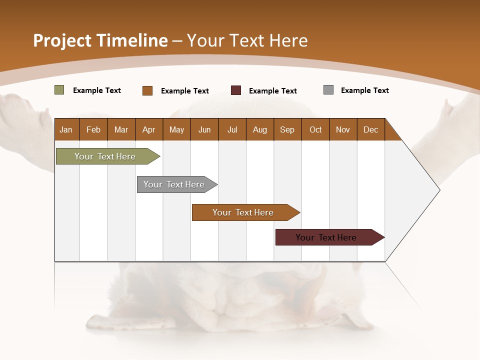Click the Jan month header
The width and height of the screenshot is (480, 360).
(66, 129)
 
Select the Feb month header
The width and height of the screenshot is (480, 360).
(93, 129)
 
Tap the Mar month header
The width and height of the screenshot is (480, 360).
(121, 129)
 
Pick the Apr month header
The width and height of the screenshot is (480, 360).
(149, 129)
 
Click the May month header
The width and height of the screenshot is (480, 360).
(176, 129)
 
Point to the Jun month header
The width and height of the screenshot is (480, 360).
(204, 129)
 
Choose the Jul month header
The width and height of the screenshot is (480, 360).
(232, 129)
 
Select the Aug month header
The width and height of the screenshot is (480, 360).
(260, 129)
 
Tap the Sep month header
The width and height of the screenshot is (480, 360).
(287, 129)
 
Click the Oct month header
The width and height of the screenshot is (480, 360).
(315, 129)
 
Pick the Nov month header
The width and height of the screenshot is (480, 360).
(343, 129)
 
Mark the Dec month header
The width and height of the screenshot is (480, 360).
(370, 129)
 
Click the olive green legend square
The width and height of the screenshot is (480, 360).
(59, 90)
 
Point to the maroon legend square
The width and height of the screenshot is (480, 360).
(236, 90)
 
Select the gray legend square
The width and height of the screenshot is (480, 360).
(328, 90)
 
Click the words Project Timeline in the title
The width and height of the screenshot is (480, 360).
(100, 40)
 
